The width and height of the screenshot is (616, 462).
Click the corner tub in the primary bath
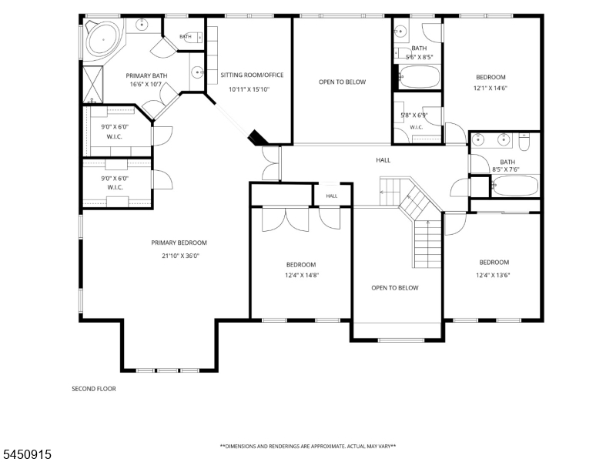click(103, 39)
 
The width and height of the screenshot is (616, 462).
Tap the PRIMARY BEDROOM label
click(179, 243)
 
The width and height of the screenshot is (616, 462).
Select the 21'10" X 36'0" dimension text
click(181, 256)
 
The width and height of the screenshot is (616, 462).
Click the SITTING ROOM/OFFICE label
click(252, 75)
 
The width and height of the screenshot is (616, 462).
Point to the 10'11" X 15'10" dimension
click(249, 89)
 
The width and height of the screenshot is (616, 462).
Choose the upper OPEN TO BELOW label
click(342, 82)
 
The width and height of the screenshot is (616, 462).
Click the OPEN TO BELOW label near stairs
click(395, 288)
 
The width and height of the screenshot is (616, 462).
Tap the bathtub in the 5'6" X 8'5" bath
click(419, 76)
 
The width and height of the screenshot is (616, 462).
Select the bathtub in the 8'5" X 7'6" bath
click(515, 186)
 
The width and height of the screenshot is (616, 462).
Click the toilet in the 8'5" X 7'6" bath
click(524, 142)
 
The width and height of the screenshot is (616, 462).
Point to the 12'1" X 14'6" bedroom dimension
click(490, 89)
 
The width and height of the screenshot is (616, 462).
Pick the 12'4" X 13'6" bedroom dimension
click(493, 276)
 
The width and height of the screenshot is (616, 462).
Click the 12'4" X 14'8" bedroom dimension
click(302, 276)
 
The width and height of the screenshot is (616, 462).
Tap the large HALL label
click(383, 160)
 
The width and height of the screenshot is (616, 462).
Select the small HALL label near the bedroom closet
click(332, 196)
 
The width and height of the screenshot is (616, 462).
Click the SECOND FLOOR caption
click(94, 389)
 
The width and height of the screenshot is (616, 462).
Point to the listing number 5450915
click(26, 454)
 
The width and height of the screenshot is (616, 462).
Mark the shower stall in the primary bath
click(93, 85)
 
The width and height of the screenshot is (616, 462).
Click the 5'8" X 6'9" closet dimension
click(414, 115)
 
